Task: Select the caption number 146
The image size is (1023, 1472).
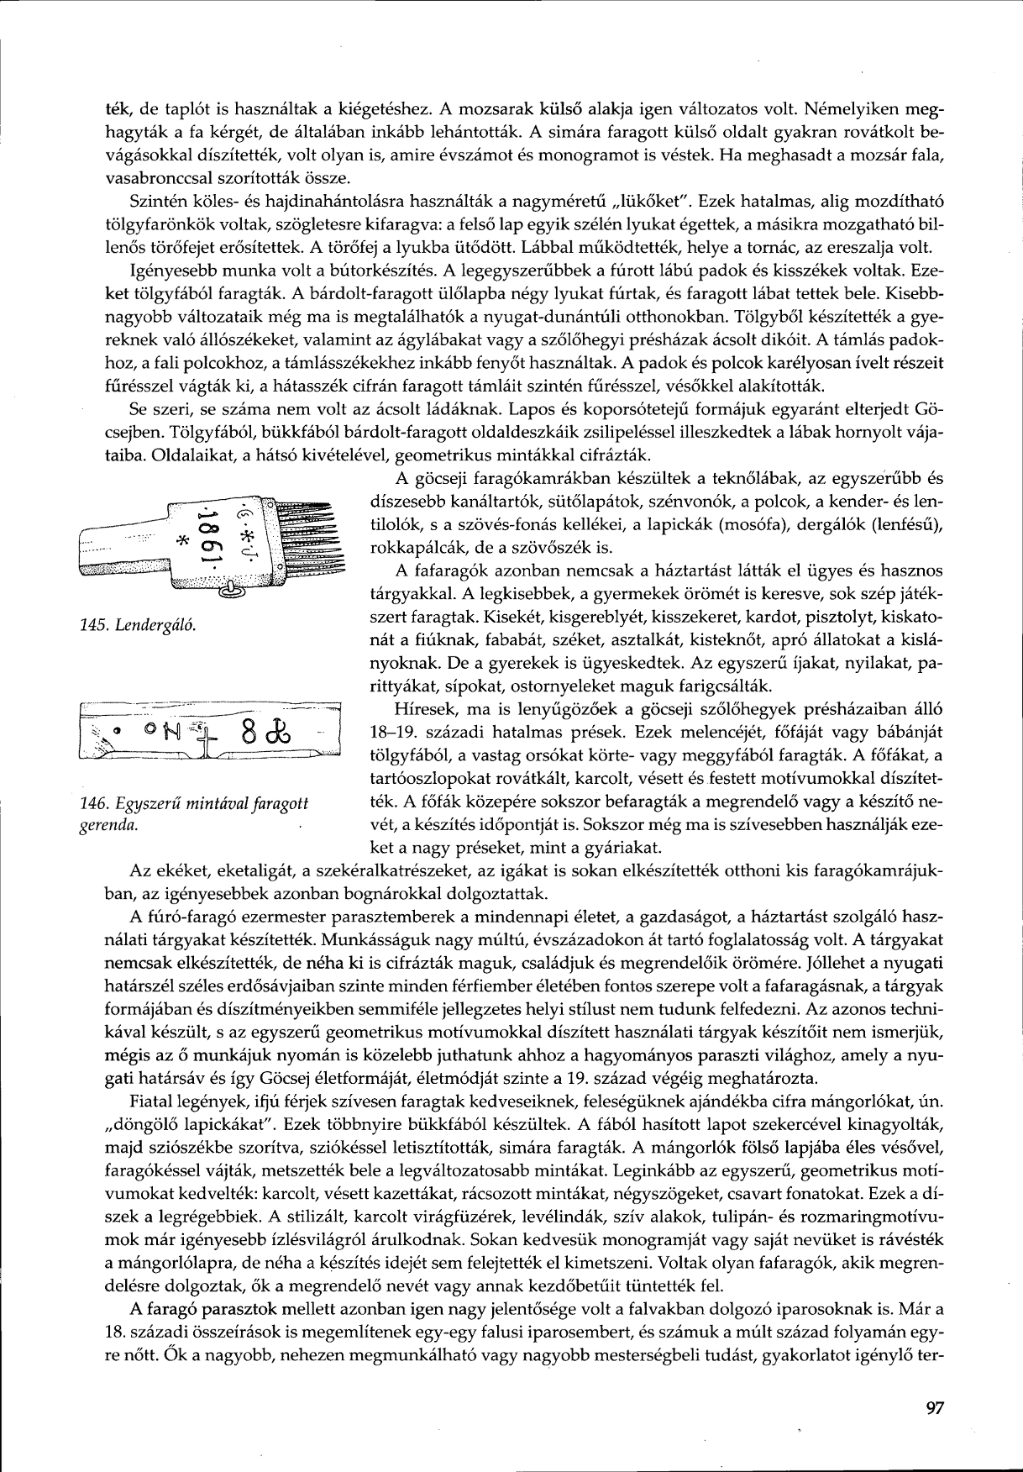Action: pos(87,804)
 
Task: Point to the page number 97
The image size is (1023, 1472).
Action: pos(933,1407)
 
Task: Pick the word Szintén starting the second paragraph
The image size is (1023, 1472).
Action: pos(155,202)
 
